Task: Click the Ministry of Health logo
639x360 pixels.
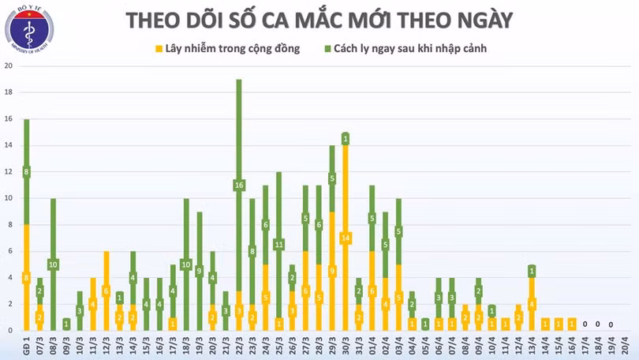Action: pos(30,29)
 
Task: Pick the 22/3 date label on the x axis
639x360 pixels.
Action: pos(239,346)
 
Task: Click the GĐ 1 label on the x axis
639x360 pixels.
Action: pos(27,346)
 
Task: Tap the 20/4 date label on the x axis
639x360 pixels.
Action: pos(625,346)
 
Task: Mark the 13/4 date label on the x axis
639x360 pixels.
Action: pos(531,346)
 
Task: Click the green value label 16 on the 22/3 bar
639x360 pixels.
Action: pos(238,186)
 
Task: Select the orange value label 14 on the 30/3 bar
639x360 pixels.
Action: pos(345,238)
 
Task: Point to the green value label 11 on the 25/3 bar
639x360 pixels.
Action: pos(278,245)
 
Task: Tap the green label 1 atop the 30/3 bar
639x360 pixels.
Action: pos(345,139)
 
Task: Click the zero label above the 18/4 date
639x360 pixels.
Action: pos(598,324)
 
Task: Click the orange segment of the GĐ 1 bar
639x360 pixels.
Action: pos(26,276)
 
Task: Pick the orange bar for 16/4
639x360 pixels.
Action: pos(571,324)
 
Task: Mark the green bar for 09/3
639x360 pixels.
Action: pos(66,324)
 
